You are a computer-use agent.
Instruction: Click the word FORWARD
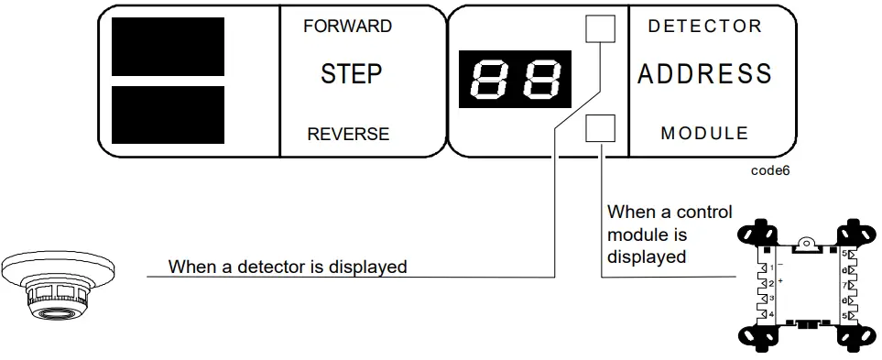tap(347, 26)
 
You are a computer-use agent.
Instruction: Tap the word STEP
tap(351, 74)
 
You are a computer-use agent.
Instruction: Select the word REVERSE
tap(348, 134)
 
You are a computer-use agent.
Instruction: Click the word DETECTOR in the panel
tap(704, 27)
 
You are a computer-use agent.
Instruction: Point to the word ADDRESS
tap(704, 74)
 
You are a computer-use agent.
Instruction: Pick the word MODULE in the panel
tap(704, 134)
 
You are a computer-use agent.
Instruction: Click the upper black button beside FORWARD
tap(168, 47)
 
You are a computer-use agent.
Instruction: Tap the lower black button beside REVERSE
tap(168, 115)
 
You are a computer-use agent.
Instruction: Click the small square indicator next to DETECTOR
tap(600, 31)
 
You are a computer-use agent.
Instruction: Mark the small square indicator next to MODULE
tap(600, 128)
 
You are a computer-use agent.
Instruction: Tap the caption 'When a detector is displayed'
tap(288, 267)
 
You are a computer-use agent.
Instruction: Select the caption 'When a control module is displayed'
tap(669, 235)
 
